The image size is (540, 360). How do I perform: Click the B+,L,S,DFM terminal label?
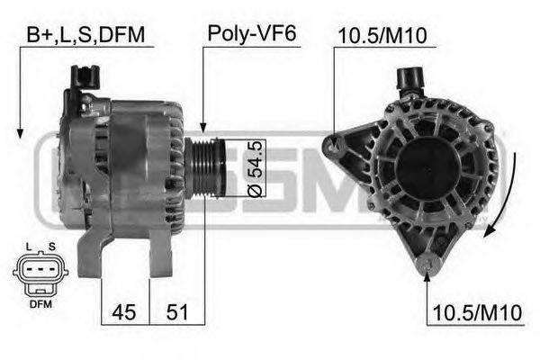click(x=85, y=34)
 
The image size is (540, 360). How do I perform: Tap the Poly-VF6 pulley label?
click(x=252, y=34)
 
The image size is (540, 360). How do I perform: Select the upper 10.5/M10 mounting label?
click(x=382, y=36)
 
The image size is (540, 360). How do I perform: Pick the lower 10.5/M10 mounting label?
click(x=477, y=313)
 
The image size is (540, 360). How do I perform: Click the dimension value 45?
click(x=124, y=312)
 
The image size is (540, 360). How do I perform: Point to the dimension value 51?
click(x=177, y=312)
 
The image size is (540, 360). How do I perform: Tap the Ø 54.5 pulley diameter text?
click(x=256, y=168)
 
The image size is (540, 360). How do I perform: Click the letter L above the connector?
click(x=29, y=247)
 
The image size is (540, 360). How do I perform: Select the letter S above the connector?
click(x=51, y=247)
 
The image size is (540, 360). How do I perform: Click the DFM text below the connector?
click(x=40, y=304)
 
